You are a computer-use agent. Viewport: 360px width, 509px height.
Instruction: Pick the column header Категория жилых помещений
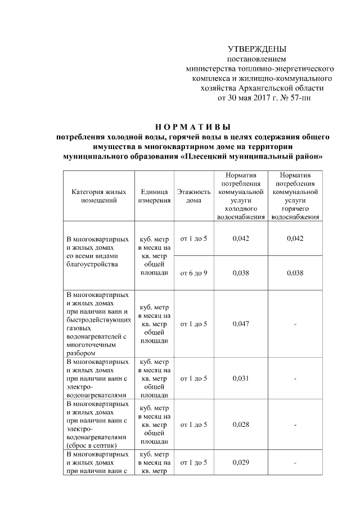tap(98, 196)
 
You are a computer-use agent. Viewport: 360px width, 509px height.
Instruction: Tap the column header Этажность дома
tap(193, 196)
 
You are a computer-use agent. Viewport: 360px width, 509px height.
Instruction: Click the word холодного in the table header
tap(240, 208)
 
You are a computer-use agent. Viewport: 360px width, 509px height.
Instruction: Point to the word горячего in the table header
tap(295, 208)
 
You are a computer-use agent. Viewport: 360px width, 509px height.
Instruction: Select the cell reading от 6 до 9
tap(193, 274)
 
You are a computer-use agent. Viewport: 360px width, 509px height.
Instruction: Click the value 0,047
tap(240, 324)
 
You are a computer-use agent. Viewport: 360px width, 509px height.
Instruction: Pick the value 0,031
tap(240, 378)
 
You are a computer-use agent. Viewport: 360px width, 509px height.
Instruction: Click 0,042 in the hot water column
tap(295, 238)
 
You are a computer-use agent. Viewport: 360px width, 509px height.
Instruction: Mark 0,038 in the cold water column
tap(240, 274)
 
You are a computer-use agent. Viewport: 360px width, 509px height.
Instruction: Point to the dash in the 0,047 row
tap(295, 325)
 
